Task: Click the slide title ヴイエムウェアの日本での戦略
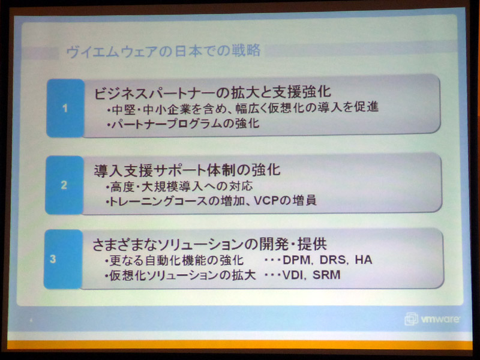pos(163,51)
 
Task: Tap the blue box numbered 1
pos(65,108)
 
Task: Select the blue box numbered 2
pos(64,185)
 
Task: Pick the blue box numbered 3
pos(63,259)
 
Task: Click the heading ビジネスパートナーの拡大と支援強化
pos(212,92)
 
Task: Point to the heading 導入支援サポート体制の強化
pos(187,170)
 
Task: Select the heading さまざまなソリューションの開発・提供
pos(209,244)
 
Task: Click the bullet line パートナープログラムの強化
pos(184,124)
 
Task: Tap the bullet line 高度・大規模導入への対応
pos(179,187)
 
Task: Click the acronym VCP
pos(266,201)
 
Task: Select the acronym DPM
pos(296,260)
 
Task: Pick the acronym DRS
pos(333,260)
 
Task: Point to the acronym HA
pos(364,260)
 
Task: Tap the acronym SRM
pos(326,275)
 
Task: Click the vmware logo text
pos(440,319)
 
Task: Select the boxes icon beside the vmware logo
pos(411,319)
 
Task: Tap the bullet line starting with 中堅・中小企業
pos(243,108)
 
